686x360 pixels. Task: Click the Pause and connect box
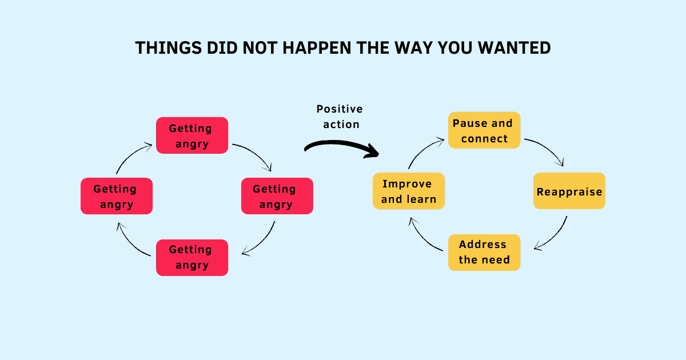pos(484,130)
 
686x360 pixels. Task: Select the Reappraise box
pos(569,191)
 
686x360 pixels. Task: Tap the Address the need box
pos(484,252)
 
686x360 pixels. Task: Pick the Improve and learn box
pos(408,191)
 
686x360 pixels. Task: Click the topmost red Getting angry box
pos(192,135)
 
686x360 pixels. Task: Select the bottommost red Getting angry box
pos(192,257)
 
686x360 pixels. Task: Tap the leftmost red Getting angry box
pos(117,196)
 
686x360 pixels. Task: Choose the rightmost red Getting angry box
pos(277,196)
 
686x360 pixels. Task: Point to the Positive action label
pos(340,116)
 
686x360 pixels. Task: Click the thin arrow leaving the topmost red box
pos(255,154)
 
